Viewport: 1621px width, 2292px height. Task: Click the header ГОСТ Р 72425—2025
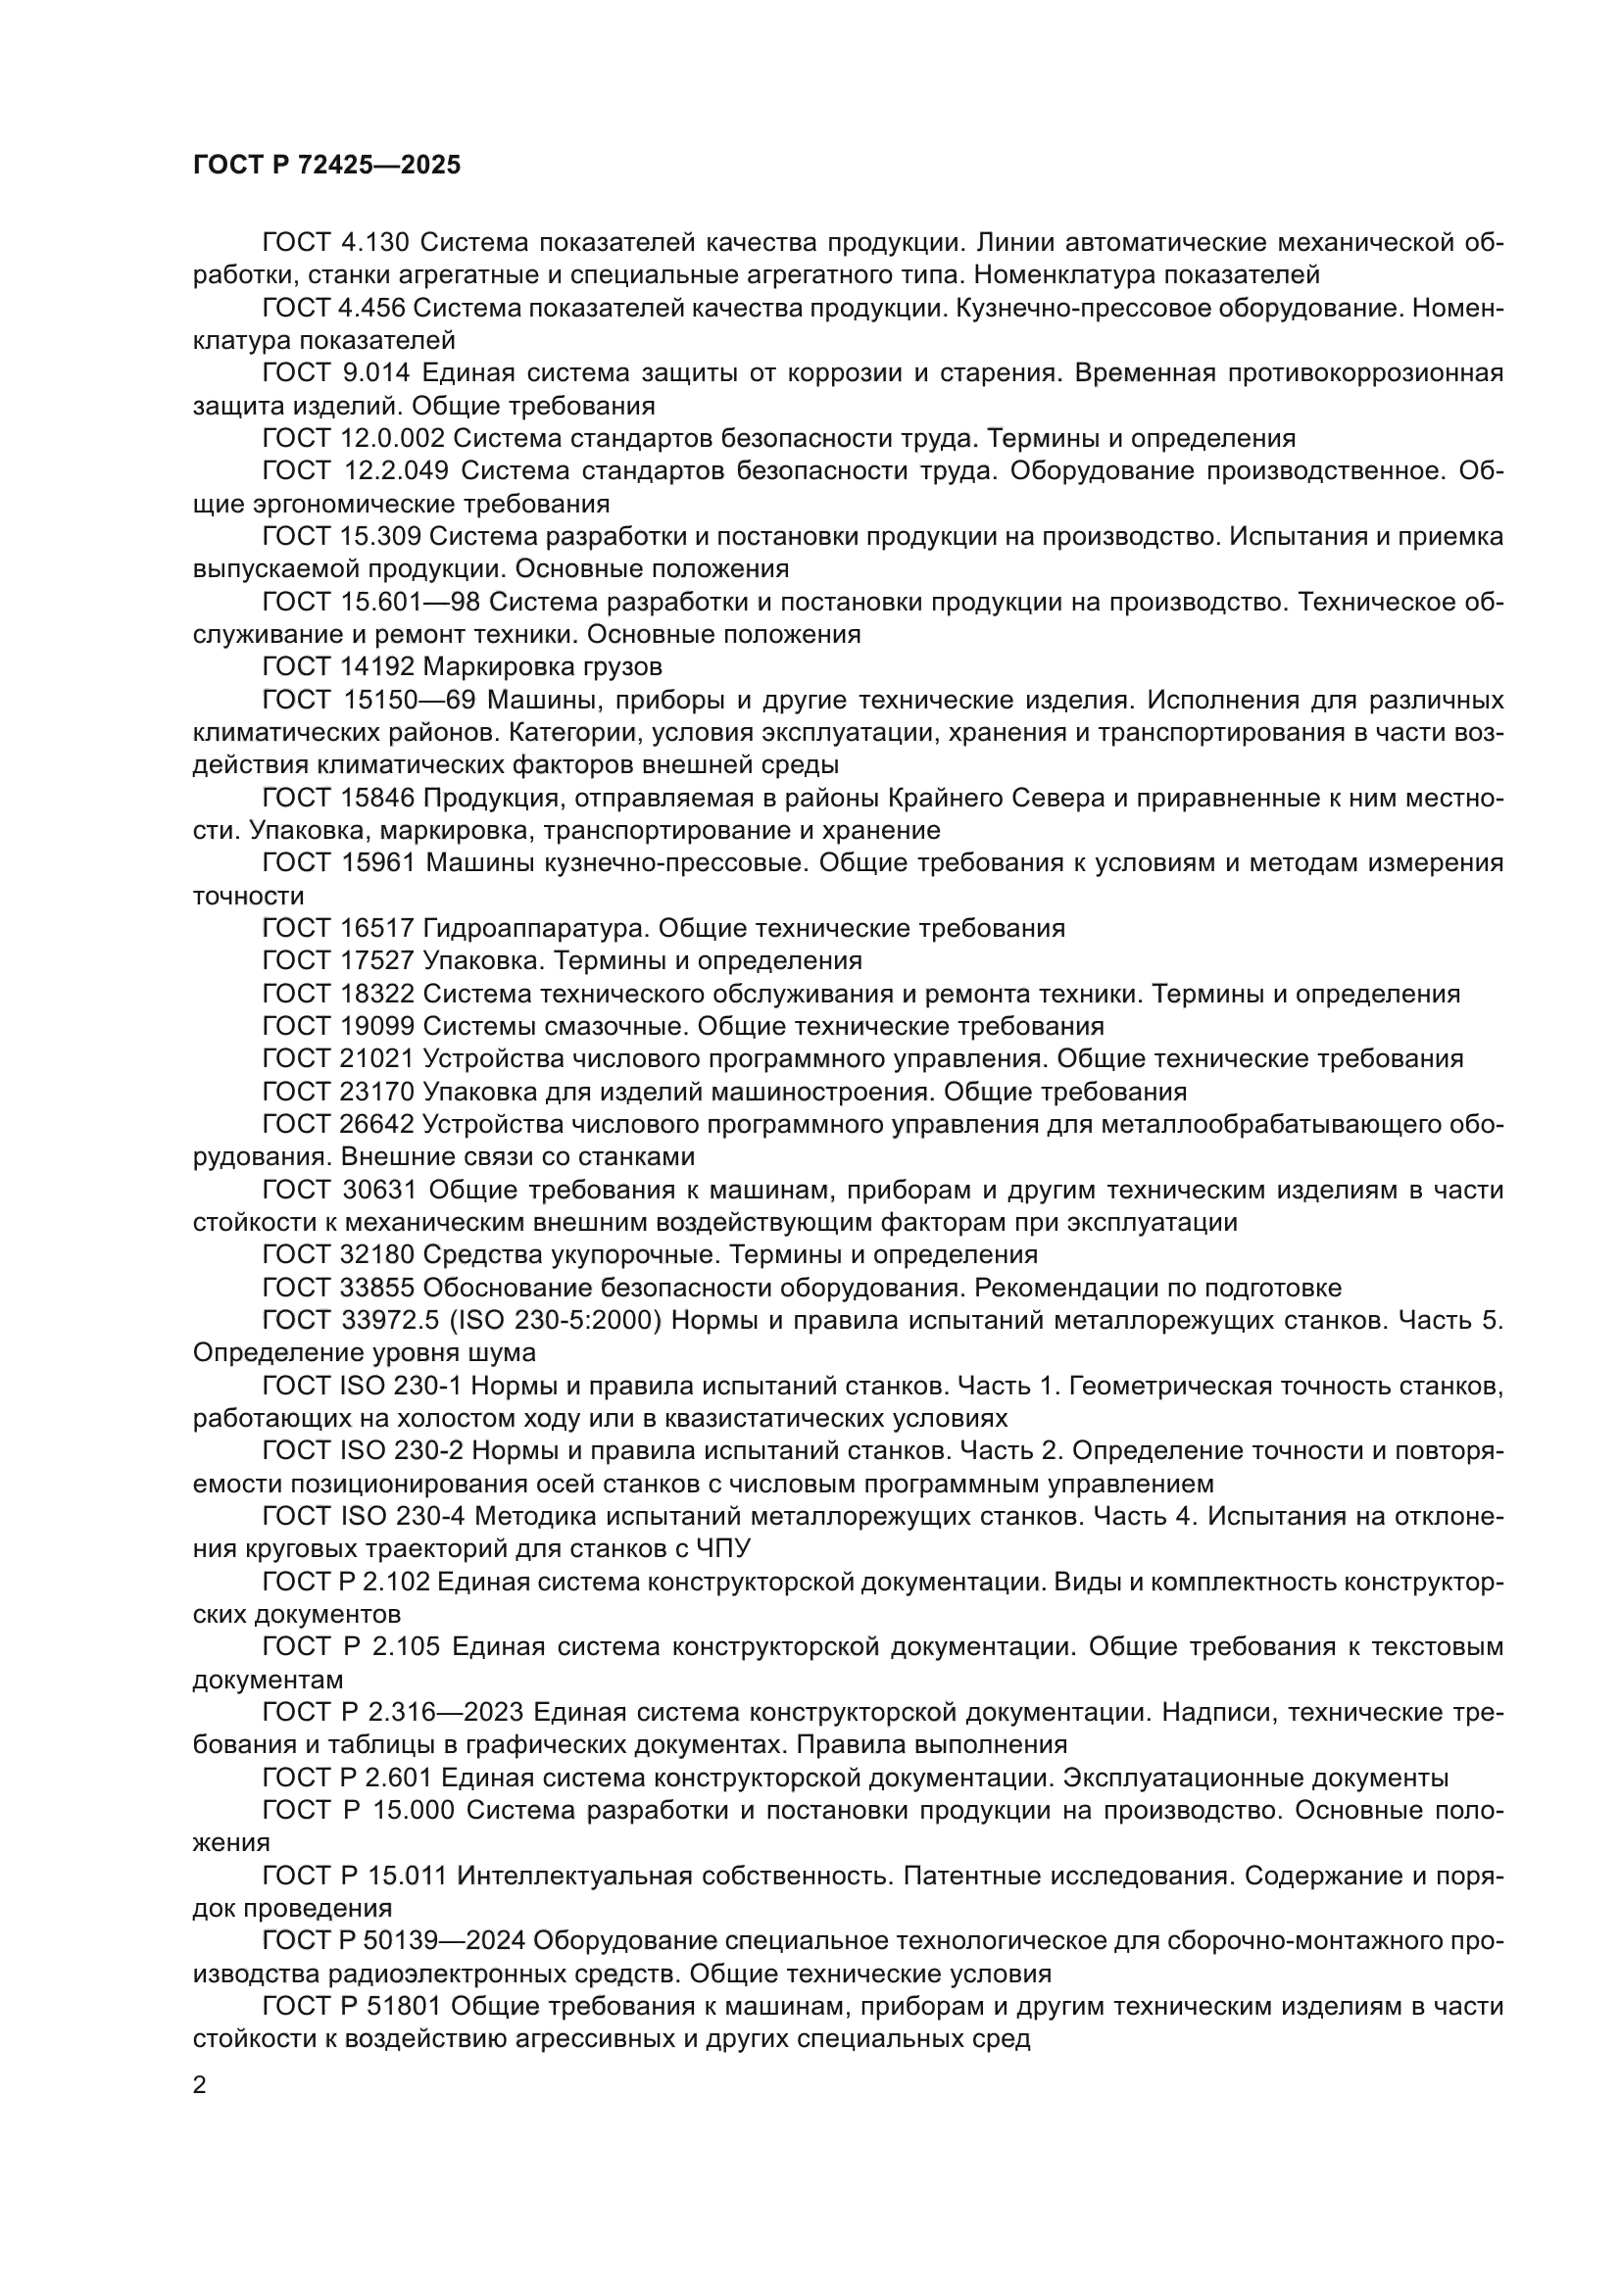pos(326,166)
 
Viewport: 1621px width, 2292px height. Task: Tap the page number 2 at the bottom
pos(200,2084)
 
